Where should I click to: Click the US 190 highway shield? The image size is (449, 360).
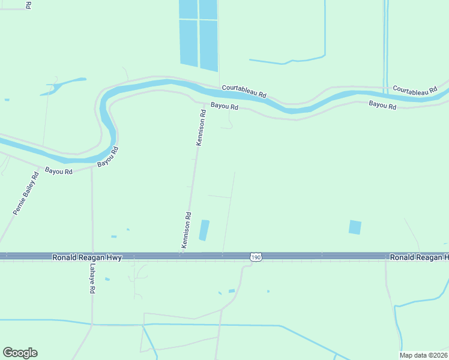[256, 257]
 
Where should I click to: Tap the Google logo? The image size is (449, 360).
[20, 353]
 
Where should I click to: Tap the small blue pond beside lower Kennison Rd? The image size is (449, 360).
[204, 230]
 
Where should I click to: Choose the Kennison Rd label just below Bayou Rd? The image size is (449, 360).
[202, 127]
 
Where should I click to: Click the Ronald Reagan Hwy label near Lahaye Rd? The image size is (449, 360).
[87, 257]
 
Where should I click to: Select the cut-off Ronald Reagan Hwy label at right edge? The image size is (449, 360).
[418, 257]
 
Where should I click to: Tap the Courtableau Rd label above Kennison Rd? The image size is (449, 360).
[244, 91]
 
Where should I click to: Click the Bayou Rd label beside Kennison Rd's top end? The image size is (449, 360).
[224, 107]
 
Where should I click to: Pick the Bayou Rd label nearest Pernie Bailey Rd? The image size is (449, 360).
[59, 171]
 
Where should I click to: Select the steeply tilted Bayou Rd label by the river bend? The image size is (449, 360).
[107, 157]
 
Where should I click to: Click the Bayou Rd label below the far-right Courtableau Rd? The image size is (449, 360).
[382, 106]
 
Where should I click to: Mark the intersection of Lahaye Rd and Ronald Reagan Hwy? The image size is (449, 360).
[92, 257]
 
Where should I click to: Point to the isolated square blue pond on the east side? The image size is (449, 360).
[355, 227]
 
